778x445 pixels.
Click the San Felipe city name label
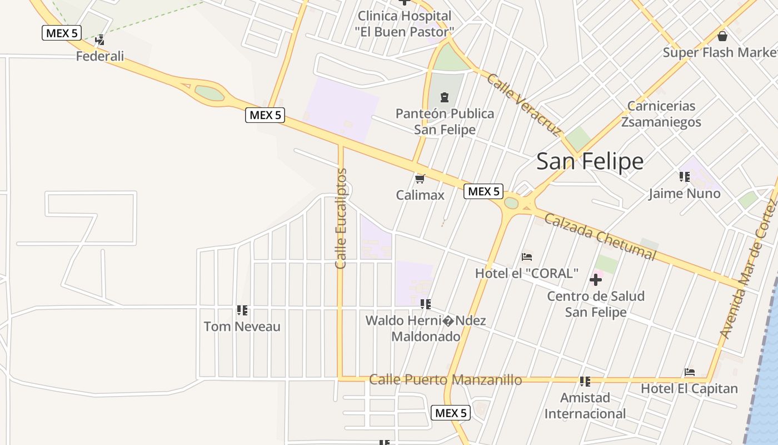pos(590,161)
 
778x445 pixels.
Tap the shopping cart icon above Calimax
pos(420,179)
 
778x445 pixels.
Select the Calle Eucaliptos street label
pos(341,218)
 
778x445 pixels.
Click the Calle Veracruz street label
pos(524,105)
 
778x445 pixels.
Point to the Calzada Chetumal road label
pos(600,236)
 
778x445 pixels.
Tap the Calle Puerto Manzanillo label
pos(446,380)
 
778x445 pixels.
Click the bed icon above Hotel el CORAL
pos(527,257)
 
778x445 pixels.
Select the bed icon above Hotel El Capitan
pos(690,372)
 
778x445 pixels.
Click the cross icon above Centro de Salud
pos(596,279)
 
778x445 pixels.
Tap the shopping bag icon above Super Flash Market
pos(722,37)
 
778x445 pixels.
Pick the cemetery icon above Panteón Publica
pos(444,98)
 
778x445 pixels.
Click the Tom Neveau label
pos(242,327)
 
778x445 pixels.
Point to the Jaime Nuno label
pos(685,194)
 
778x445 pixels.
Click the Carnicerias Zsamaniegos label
pos(661,114)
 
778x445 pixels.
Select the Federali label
pos(100,56)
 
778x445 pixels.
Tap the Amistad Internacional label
pos(585,406)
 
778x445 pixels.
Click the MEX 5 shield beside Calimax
pos(483,192)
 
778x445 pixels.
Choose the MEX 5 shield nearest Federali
pos(62,33)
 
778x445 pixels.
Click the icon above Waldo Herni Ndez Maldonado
pos(426,304)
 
